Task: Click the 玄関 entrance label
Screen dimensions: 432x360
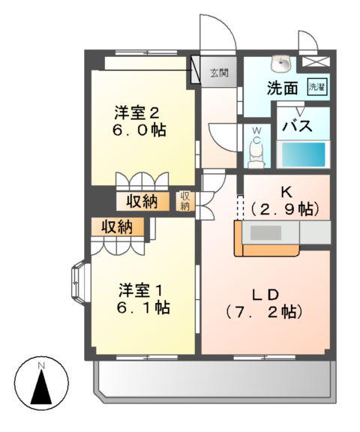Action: [219, 73]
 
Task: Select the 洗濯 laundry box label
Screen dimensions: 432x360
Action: [317, 87]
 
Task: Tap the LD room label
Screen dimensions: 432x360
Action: [265, 294]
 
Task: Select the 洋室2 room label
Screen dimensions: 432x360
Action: [136, 113]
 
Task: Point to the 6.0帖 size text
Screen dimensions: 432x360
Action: [136, 130]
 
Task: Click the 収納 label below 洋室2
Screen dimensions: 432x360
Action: [140, 201]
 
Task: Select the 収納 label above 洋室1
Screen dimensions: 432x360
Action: [117, 226]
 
